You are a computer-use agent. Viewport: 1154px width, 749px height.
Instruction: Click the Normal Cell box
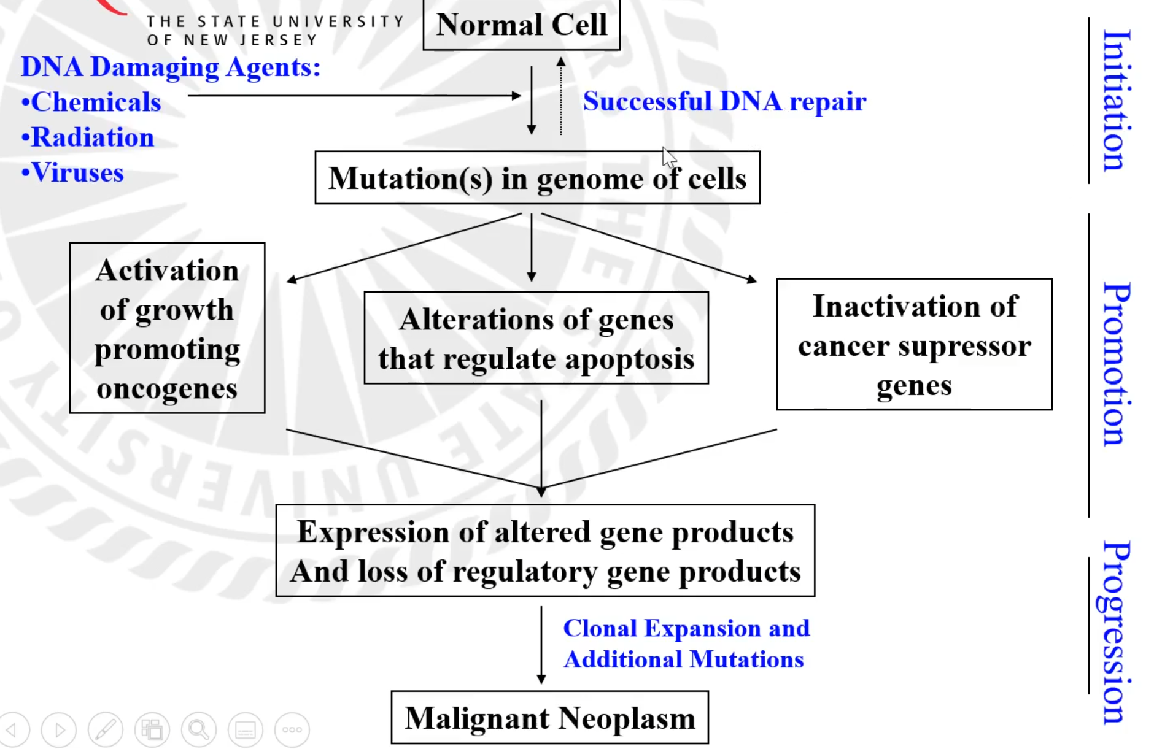click(521, 25)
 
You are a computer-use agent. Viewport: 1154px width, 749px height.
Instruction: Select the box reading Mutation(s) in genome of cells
click(537, 178)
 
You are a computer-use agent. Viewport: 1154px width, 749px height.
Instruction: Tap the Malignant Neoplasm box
click(549, 718)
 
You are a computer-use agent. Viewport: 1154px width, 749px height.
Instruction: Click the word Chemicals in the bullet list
click(96, 102)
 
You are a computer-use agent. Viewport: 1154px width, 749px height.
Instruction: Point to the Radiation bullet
click(92, 137)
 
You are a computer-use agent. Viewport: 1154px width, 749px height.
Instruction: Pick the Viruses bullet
click(77, 173)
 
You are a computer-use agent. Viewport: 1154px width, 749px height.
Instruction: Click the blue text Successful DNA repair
click(724, 101)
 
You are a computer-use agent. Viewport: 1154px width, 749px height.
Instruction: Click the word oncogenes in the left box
click(167, 389)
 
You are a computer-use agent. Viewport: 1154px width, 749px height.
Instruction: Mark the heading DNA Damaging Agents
click(171, 67)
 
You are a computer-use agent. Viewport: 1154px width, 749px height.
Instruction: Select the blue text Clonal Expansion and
click(686, 628)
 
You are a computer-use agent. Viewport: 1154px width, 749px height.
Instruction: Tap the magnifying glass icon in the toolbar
click(198, 729)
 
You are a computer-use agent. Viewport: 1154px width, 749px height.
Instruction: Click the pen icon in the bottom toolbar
click(105, 729)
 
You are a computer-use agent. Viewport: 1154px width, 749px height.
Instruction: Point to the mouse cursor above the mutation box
click(668, 157)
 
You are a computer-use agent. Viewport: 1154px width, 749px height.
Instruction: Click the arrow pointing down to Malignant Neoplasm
click(541, 644)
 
